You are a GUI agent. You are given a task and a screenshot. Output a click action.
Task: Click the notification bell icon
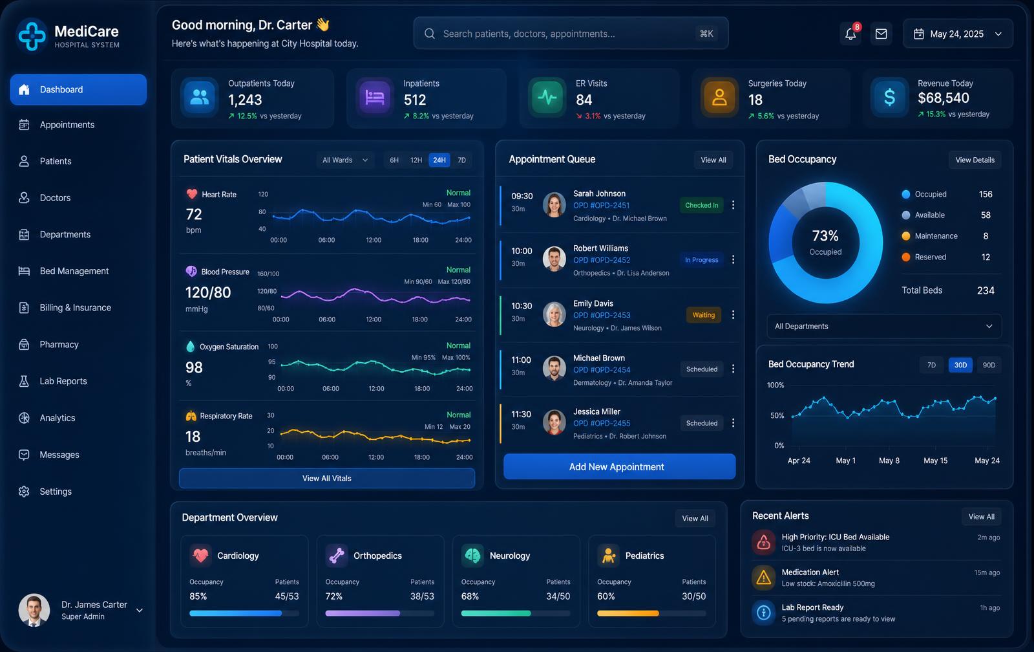click(850, 34)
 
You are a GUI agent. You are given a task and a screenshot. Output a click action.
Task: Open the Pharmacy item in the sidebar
click(59, 344)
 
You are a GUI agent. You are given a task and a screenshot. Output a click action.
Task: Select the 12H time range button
click(416, 160)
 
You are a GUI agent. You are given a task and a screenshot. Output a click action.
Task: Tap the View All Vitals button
click(327, 478)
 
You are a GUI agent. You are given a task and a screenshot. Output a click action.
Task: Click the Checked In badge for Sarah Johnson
click(701, 205)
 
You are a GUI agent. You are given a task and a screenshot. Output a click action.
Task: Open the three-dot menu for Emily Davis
click(733, 314)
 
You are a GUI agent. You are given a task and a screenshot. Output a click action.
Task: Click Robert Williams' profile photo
click(554, 259)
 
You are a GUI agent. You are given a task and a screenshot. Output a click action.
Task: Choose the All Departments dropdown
click(883, 326)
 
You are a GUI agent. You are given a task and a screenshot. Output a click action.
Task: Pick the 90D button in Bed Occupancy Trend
click(989, 365)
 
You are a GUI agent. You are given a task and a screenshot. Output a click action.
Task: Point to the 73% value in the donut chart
click(825, 236)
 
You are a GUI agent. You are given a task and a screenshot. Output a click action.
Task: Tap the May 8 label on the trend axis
click(889, 461)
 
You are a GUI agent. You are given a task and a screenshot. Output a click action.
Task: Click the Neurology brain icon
click(472, 555)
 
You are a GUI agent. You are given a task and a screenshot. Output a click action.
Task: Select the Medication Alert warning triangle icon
click(763, 577)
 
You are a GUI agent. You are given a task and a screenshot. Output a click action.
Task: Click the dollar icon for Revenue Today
click(889, 98)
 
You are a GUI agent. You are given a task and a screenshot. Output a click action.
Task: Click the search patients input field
click(571, 33)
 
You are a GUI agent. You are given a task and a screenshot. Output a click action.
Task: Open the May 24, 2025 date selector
click(957, 34)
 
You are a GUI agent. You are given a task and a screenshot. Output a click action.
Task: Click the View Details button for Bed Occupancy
click(975, 160)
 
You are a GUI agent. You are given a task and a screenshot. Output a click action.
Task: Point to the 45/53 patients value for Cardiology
click(287, 596)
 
